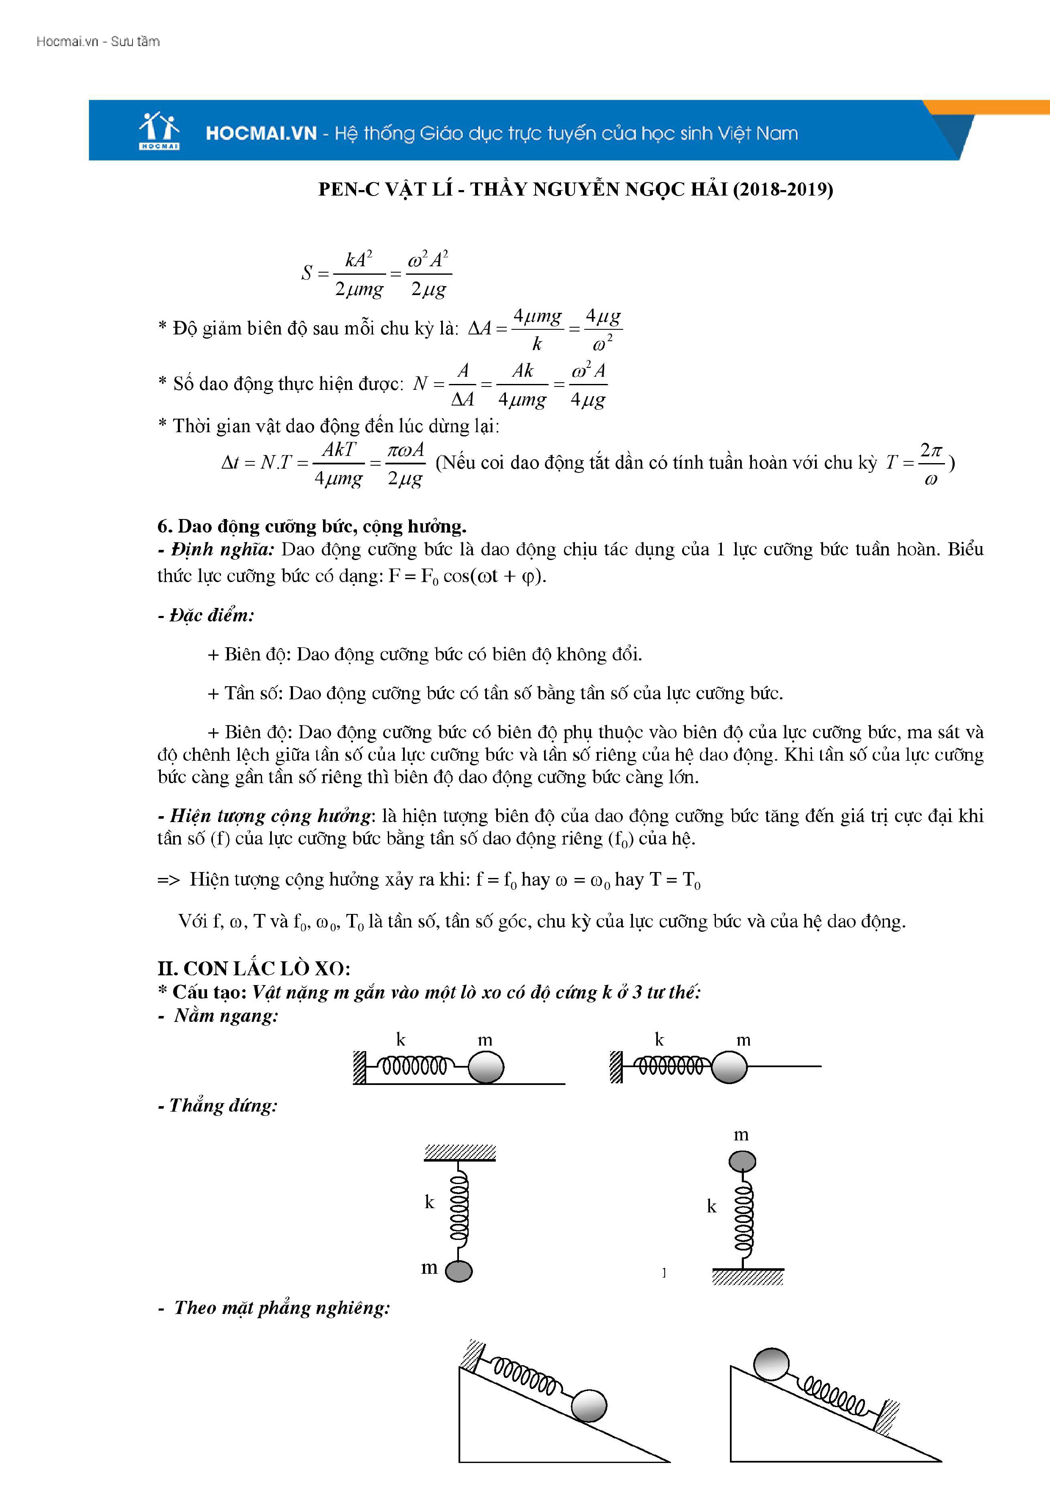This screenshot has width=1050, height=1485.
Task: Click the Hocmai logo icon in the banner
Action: (158, 131)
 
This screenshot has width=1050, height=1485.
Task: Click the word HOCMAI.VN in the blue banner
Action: (261, 134)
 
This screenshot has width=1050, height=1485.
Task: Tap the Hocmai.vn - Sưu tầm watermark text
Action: (98, 41)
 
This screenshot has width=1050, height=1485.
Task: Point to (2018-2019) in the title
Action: (783, 190)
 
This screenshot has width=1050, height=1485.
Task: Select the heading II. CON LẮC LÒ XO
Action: (254, 968)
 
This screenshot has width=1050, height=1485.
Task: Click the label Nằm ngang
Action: (226, 1016)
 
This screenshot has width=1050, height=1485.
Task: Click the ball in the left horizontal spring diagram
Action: (485, 1067)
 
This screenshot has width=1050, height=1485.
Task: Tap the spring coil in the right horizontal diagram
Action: (670, 1065)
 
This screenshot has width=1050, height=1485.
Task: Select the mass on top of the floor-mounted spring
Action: (742, 1162)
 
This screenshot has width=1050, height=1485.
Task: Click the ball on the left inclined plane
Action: (589, 1405)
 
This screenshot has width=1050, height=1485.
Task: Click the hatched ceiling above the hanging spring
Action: (460, 1152)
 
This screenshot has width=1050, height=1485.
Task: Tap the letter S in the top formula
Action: (307, 273)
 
